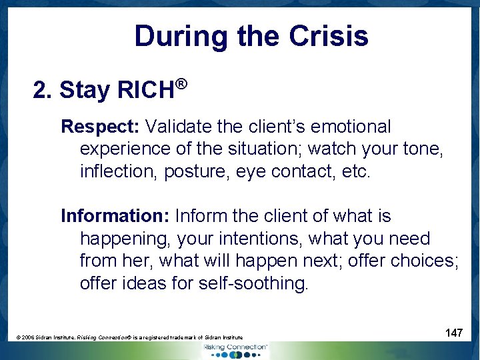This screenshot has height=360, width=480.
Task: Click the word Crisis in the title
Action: tap(329, 36)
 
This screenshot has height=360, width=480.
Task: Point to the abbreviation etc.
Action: tap(355, 171)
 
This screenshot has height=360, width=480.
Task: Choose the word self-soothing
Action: tap(253, 283)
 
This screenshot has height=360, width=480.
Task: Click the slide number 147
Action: tap(453, 333)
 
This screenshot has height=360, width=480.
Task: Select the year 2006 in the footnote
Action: tap(29, 338)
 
